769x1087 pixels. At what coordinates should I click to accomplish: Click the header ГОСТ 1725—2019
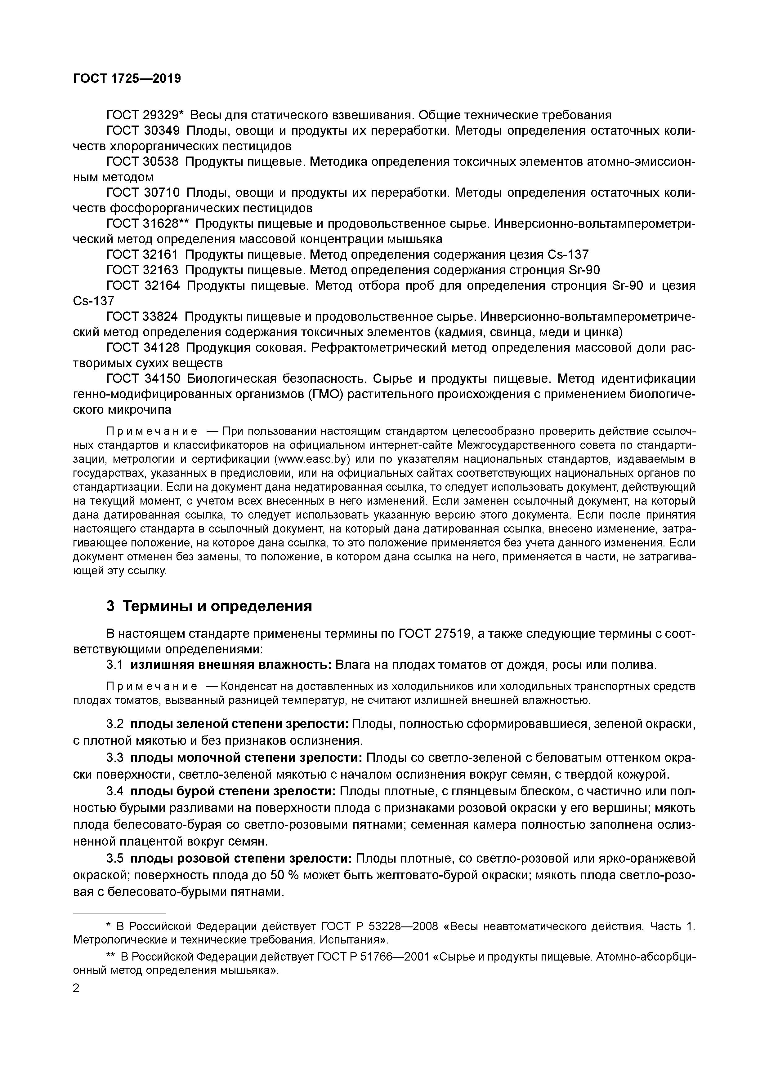(127, 79)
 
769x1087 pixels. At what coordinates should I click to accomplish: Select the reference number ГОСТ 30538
(143, 162)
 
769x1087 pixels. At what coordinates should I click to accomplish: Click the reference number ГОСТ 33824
(143, 317)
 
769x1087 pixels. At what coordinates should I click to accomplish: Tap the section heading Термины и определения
(217, 607)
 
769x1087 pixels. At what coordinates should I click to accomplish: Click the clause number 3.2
(115, 724)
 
